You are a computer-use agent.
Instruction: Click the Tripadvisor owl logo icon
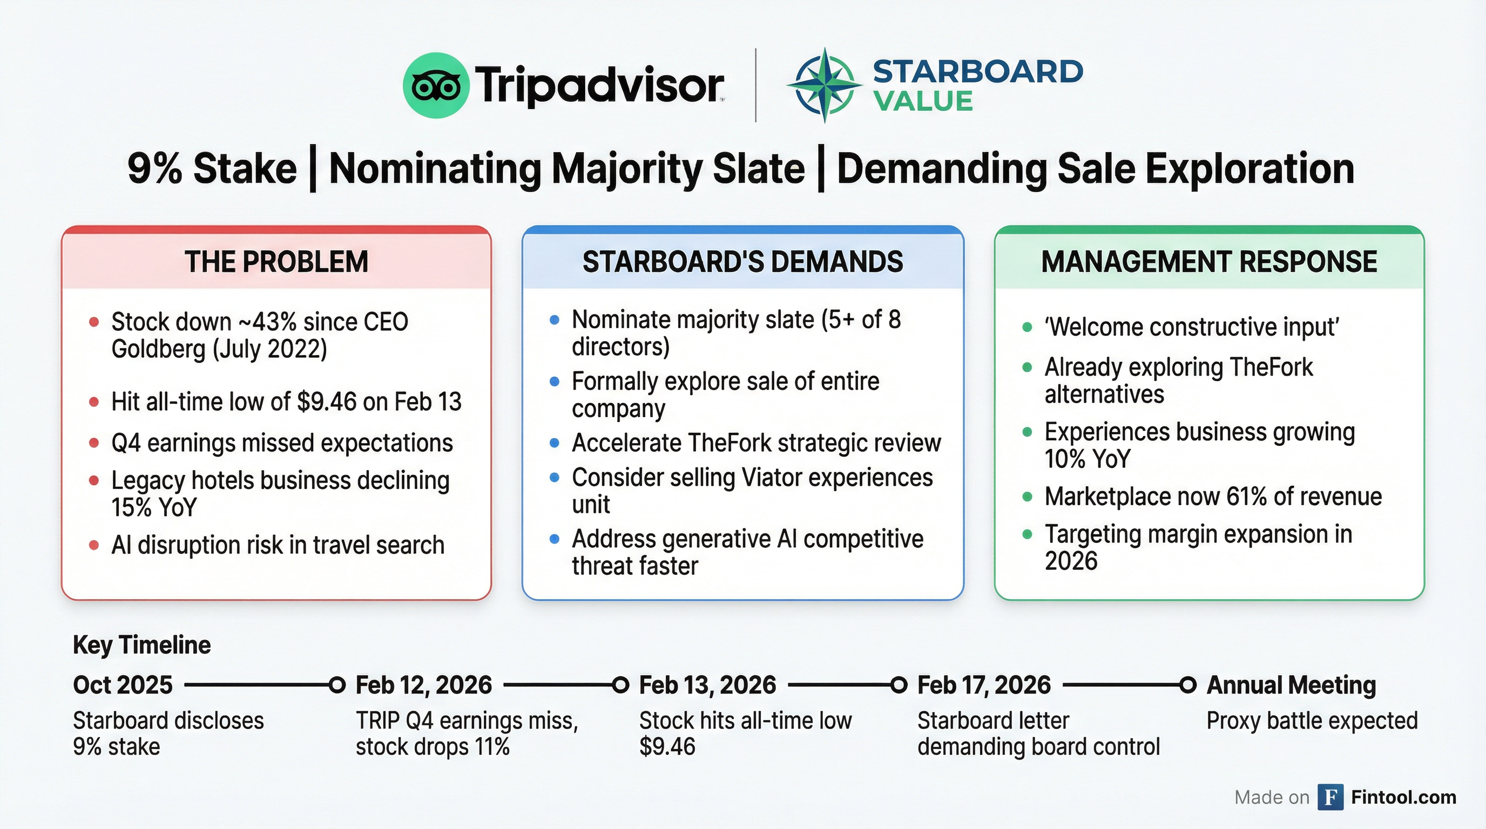pyautogui.click(x=436, y=86)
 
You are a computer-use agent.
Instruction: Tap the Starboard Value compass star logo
pyautogui.click(x=825, y=86)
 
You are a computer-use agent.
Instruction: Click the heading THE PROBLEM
pyautogui.click(x=276, y=262)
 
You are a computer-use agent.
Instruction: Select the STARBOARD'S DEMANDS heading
pyautogui.click(x=742, y=262)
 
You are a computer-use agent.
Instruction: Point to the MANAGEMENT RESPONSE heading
pyautogui.click(x=1209, y=262)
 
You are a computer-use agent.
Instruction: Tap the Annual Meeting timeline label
pyautogui.click(x=1291, y=685)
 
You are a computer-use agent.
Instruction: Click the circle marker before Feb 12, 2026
pyautogui.click(x=337, y=685)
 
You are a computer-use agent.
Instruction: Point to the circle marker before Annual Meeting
pyautogui.click(x=1188, y=685)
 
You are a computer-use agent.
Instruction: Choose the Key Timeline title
pyautogui.click(x=141, y=645)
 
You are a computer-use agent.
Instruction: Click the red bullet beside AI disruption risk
pyautogui.click(x=94, y=545)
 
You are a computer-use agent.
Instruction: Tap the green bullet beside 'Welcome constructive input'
pyautogui.click(x=1027, y=328)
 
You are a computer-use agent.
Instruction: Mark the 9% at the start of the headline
pyautogui.click(x=154, y=169)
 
